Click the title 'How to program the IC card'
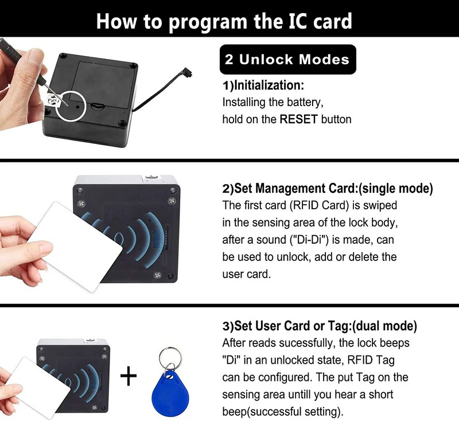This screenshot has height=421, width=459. [x=224, y=21]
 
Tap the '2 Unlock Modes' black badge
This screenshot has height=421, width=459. [x=287, y=60]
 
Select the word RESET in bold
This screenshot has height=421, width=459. [x=298, y=120]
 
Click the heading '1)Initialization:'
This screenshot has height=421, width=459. [x=263, y=86]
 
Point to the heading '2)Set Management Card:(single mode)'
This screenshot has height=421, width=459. [x=327, y=189]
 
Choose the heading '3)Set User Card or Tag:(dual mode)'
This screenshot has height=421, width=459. [x=320, y=326]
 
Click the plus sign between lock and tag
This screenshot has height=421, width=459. [x=129, y=376]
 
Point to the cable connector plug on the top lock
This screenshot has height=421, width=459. [x=186, y=73]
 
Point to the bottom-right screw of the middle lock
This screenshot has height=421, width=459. [x=157, y=276]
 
